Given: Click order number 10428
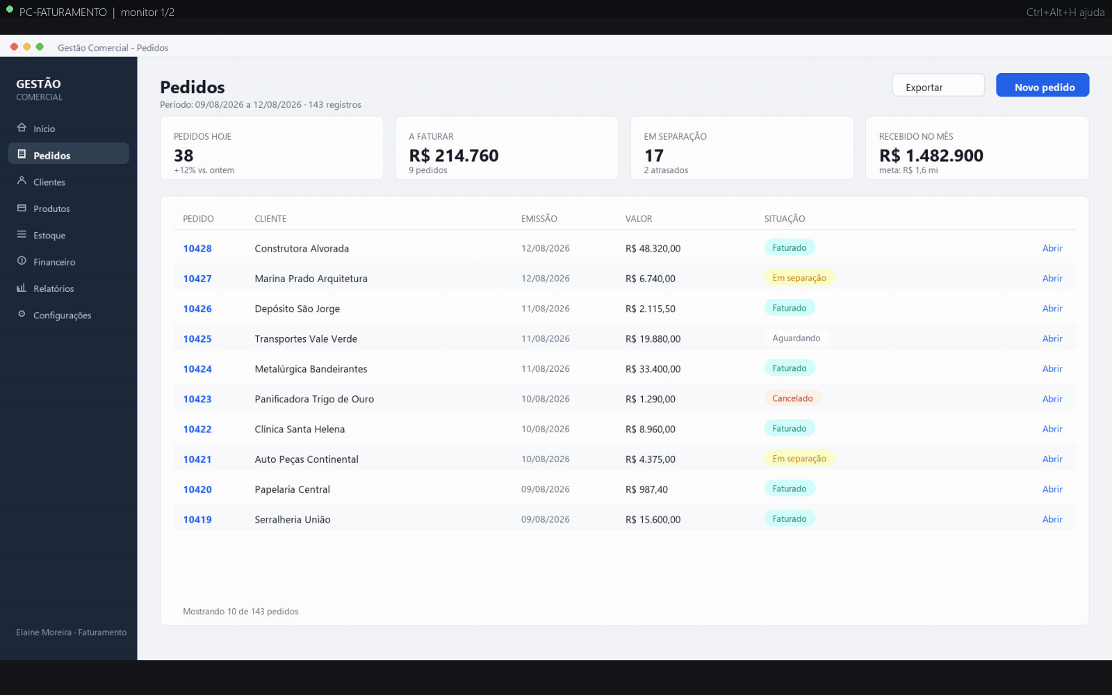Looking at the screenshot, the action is tap(197, 248).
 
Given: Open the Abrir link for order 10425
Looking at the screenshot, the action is tap(1052, 338).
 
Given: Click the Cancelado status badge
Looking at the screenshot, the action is tap(792, 398).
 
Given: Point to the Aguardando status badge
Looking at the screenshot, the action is tap(796, 338).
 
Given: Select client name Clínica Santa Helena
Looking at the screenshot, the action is tap(300, 429).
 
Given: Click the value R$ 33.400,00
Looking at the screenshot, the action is tap(653, 369).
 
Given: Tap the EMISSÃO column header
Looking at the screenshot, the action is tap(539, 218).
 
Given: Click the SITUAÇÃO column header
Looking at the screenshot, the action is tap(785, 218).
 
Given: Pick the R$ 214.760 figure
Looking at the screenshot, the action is tap(453, 156).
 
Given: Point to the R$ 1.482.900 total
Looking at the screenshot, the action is tap(931, 156).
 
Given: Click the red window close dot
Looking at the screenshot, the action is tap(14, 47).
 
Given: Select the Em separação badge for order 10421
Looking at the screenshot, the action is tap(799, 458).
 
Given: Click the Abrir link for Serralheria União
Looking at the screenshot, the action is tap(1052, 519).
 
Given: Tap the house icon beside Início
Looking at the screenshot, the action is tap(22, 128).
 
